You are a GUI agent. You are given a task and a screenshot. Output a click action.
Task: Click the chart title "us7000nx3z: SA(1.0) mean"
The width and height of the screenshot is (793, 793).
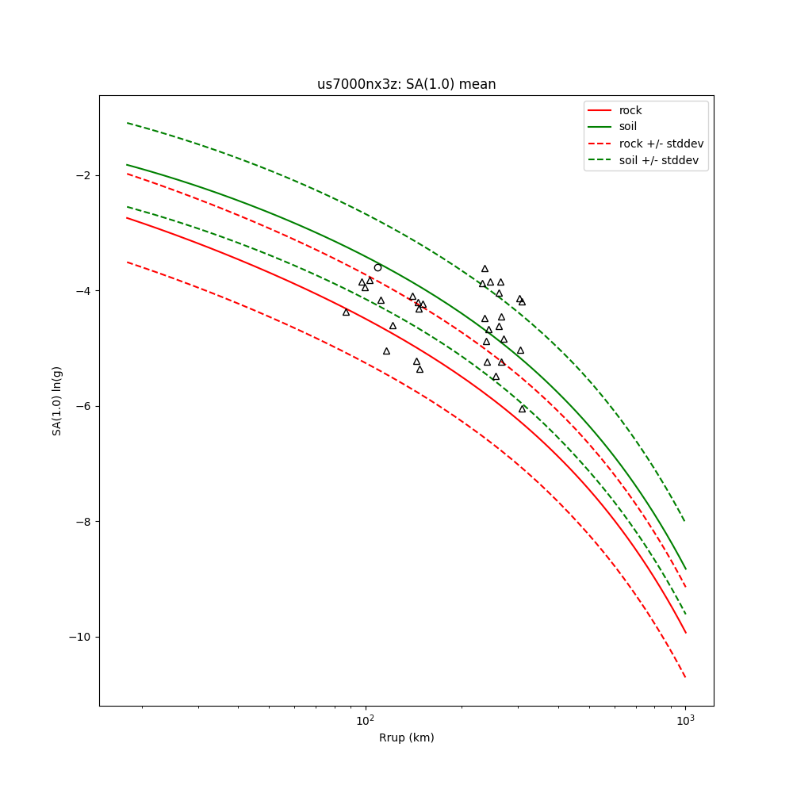[406, 84]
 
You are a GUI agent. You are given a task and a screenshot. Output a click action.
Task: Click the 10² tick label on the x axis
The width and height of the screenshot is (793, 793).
[365, 719]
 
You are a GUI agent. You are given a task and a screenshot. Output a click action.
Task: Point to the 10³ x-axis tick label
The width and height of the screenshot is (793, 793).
[685, 719]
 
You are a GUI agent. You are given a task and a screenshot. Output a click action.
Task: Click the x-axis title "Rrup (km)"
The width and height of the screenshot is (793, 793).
[406, 737]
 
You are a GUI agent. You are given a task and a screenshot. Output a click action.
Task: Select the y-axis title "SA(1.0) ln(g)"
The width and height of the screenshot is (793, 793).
[57, 400]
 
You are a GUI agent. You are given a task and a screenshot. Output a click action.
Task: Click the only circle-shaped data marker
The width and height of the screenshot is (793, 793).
[377, 267]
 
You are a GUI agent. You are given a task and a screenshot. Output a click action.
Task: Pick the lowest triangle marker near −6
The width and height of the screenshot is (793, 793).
[522, 408]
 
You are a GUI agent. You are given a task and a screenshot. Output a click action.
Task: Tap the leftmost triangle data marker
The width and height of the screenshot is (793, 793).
[346, 312]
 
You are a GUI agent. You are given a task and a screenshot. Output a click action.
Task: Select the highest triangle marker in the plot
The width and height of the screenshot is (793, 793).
[485, 269]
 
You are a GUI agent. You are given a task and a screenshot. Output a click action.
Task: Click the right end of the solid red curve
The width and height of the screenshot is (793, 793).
[685, 632]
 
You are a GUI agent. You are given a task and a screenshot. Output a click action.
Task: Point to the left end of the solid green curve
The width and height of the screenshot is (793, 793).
[127, 165]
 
